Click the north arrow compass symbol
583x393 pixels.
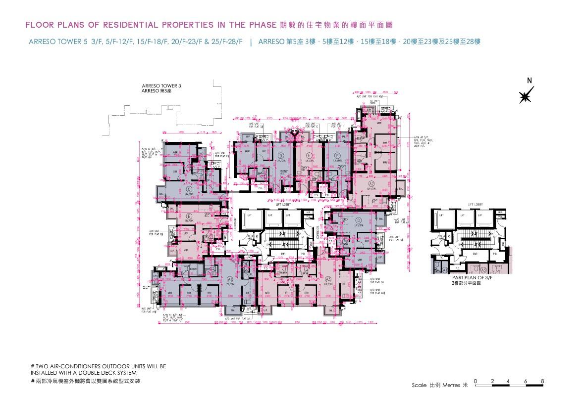(526, 95)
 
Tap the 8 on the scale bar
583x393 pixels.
(543, 381)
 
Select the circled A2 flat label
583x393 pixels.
(371, 184)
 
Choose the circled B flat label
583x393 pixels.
(189, 216)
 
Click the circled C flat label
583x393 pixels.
(189, 189)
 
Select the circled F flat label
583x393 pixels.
(337, 156)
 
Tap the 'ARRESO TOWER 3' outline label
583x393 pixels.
(161, 86)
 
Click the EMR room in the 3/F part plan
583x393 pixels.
(475, 254)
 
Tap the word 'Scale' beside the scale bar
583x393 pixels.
(420, 385)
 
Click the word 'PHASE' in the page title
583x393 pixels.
(259, 24)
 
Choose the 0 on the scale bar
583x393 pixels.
(475, 381)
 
